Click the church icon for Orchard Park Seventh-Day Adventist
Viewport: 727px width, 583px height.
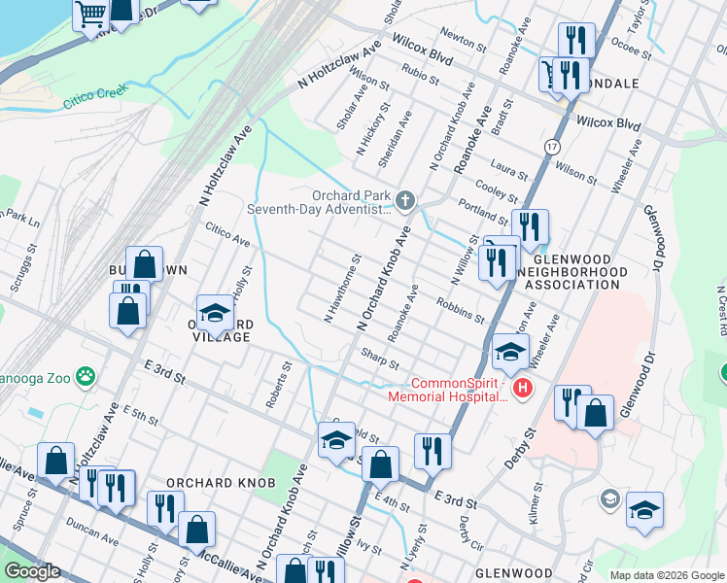[405, 201]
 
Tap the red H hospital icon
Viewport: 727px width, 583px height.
[523, 390]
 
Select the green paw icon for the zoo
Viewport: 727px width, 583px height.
[87, 374]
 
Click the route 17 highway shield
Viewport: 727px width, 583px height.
[552, 146]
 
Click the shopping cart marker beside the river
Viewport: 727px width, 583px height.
[91, 15]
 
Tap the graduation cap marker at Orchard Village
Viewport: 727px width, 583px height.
[215, 313]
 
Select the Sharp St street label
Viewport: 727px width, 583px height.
[380, 359]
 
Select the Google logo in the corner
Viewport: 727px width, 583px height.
[32, 571]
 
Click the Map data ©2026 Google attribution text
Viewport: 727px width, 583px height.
[667, 575]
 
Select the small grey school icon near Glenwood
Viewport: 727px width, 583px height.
[608, 498]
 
